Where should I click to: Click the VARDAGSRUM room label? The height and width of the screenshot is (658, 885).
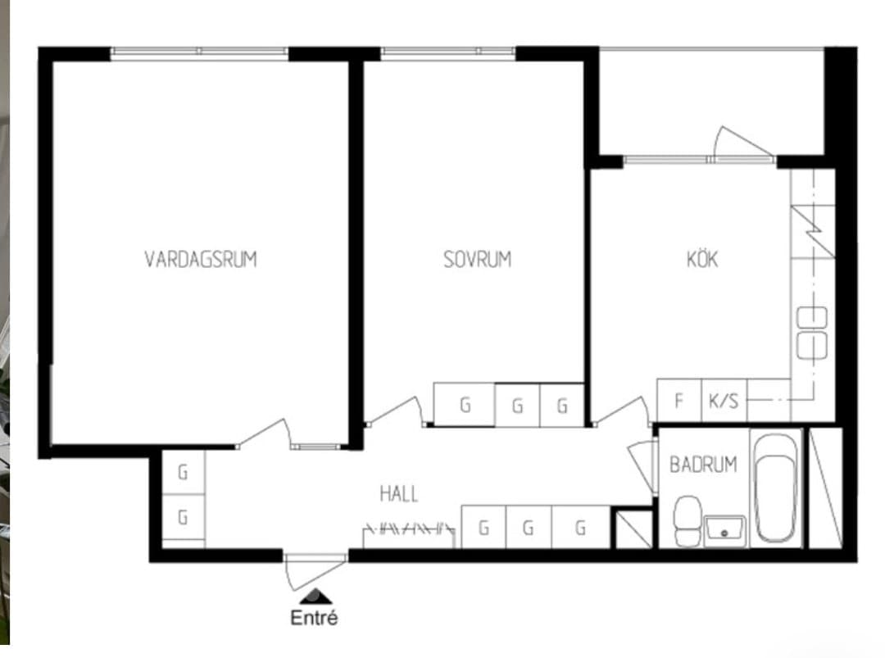201,259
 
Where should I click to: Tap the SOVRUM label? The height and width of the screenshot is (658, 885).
478,259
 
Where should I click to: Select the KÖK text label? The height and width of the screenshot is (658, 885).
702,258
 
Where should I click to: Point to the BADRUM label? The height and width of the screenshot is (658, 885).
703,465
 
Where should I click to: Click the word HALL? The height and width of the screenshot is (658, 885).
399,494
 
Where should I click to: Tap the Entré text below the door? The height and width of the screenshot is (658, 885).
314,617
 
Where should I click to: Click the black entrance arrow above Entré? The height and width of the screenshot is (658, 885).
316,597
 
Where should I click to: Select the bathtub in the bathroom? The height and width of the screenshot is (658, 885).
775,488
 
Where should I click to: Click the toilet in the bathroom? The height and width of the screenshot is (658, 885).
688,520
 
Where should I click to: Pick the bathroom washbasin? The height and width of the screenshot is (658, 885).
724,530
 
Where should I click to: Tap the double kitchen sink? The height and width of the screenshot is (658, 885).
811,333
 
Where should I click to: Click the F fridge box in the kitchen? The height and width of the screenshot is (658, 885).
679,400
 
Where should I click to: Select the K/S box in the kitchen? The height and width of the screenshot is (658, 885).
724,400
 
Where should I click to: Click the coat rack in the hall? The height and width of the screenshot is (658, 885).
409,530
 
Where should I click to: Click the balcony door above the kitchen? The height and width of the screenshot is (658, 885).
743,143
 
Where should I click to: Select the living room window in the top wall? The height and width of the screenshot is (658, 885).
199,53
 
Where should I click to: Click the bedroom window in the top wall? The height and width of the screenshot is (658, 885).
448,53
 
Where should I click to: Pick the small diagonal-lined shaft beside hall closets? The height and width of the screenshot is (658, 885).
633,529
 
